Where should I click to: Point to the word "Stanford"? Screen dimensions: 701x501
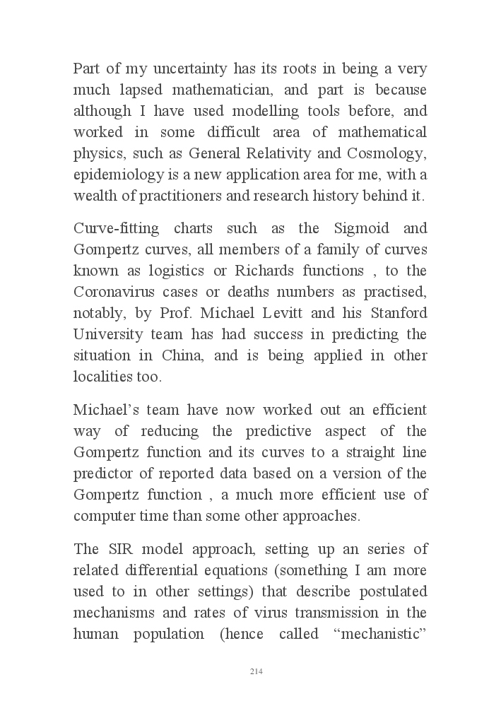coord(397,313)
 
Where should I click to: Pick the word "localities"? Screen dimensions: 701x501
coord(104,377)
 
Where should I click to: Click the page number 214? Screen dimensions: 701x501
coord(257,671)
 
